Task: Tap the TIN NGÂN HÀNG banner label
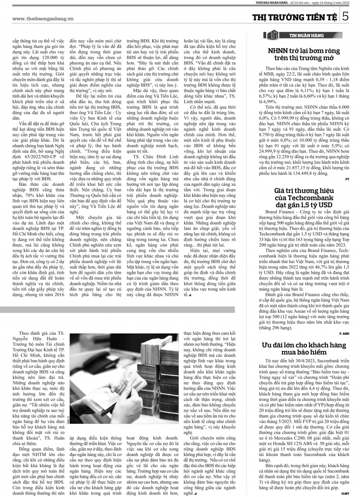click(306, 35)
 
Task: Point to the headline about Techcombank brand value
click(304, 198)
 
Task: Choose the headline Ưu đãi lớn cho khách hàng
click(304, 348)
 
